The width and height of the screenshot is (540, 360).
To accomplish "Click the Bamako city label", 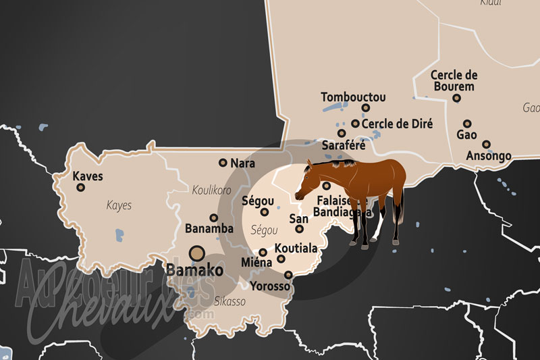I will pos(194,270).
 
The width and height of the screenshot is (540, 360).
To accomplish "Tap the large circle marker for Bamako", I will pos(197,253).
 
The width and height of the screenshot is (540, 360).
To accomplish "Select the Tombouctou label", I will pos(353,97).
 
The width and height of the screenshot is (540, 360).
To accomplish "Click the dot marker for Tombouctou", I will pos(366,107).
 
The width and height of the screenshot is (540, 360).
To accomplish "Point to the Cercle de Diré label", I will pos(397,124).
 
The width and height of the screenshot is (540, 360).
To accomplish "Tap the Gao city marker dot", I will pos(467,124).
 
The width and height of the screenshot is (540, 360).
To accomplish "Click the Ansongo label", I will pos(489,156).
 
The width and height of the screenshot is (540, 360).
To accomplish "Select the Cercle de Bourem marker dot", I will pos(456,98).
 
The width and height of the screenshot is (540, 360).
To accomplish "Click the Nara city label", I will pos(242,163).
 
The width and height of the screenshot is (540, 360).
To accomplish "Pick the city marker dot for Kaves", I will pos(80,188).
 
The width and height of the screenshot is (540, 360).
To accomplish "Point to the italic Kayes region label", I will pos(119,205).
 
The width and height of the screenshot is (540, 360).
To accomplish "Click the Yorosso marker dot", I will pos(288,275).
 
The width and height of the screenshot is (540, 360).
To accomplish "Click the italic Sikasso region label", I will pos(230,301).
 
